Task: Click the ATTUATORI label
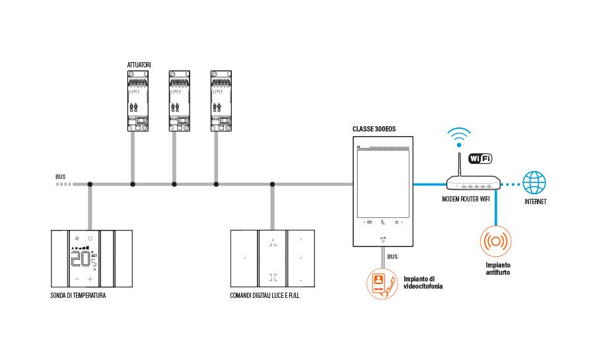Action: coord(139,64)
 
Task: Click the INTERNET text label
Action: coord(535,201)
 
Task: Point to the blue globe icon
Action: coord(534,182)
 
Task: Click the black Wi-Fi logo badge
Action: coord(480,159)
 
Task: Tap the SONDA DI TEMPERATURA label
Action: coord(78,295)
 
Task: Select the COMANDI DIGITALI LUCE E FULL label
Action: coord(264,295)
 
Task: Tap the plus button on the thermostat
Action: coord(90,279)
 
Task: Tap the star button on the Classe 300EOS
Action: coord(396,223)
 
